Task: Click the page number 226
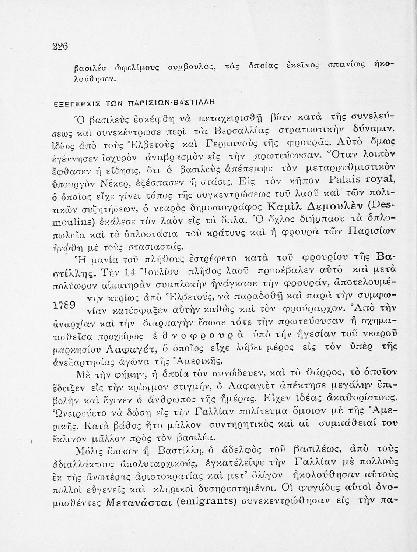(61, 47)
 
